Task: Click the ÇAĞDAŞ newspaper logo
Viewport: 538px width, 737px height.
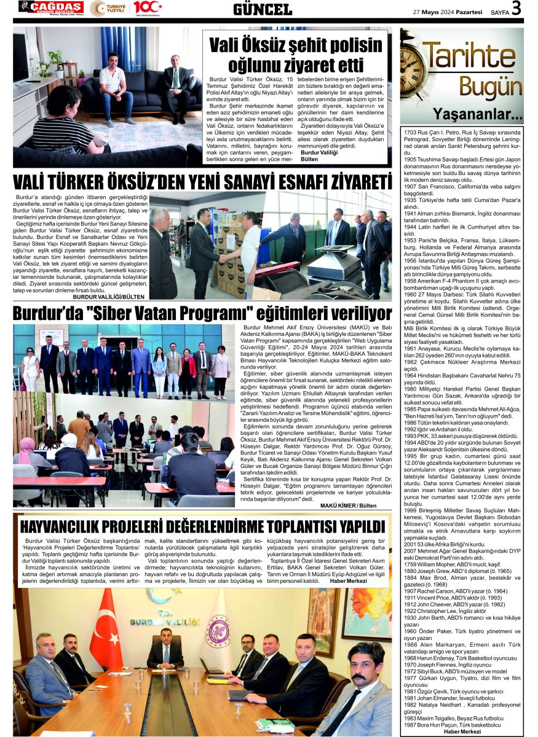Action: pos(50,7)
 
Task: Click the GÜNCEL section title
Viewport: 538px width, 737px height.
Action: pos(263,9)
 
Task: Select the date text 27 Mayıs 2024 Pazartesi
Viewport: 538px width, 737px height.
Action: pos(448,11)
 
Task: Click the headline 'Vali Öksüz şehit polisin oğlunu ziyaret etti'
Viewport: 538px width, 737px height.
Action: pos(296,55)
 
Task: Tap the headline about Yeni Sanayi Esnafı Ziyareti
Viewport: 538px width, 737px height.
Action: pos(202,182)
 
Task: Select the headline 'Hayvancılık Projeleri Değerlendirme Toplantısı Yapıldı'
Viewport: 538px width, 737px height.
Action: pos(202,526)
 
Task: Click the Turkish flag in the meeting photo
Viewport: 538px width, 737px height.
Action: pos(106,621)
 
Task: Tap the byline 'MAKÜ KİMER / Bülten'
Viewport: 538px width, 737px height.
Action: pos(348,505)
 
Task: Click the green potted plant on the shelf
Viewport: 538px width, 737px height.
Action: pos(57,59)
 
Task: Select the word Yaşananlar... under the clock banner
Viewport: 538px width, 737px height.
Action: pos(478,114)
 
